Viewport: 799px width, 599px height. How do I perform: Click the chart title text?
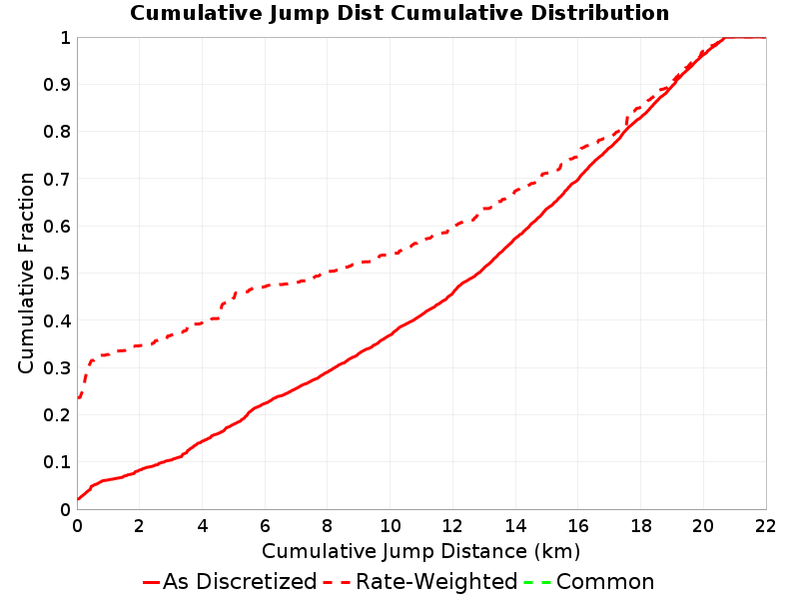[399, 13]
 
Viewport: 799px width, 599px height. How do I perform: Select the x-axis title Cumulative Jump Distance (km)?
[420, 551]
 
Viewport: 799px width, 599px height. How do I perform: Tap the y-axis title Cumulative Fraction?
[26, 273]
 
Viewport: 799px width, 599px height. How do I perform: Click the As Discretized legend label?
[240, 582]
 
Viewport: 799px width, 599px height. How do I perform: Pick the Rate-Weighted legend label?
[436, 582]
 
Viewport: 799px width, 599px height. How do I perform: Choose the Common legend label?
[605, 582]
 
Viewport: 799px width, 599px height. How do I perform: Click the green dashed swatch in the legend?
[537, 582]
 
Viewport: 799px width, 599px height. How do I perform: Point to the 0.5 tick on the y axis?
[57, 273]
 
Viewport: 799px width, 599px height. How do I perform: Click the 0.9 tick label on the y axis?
[57, 84]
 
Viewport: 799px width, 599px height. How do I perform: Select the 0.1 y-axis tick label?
[57, 462]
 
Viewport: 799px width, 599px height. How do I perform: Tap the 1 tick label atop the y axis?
[65, 37]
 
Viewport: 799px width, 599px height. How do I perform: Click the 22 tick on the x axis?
[765, 526]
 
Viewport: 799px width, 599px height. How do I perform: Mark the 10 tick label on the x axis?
[390, 526]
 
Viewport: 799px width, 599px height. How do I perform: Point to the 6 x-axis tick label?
[265, 526]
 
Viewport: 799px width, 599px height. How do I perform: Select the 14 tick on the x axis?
[515, 526]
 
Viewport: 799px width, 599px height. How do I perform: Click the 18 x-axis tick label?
[640, 526]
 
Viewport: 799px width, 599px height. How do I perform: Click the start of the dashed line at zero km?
[78, 397]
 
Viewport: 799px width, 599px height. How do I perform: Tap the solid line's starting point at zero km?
[78, 498]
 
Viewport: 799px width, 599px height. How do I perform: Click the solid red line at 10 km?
[391, 334]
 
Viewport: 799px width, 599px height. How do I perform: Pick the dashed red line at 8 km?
[328, 272]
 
